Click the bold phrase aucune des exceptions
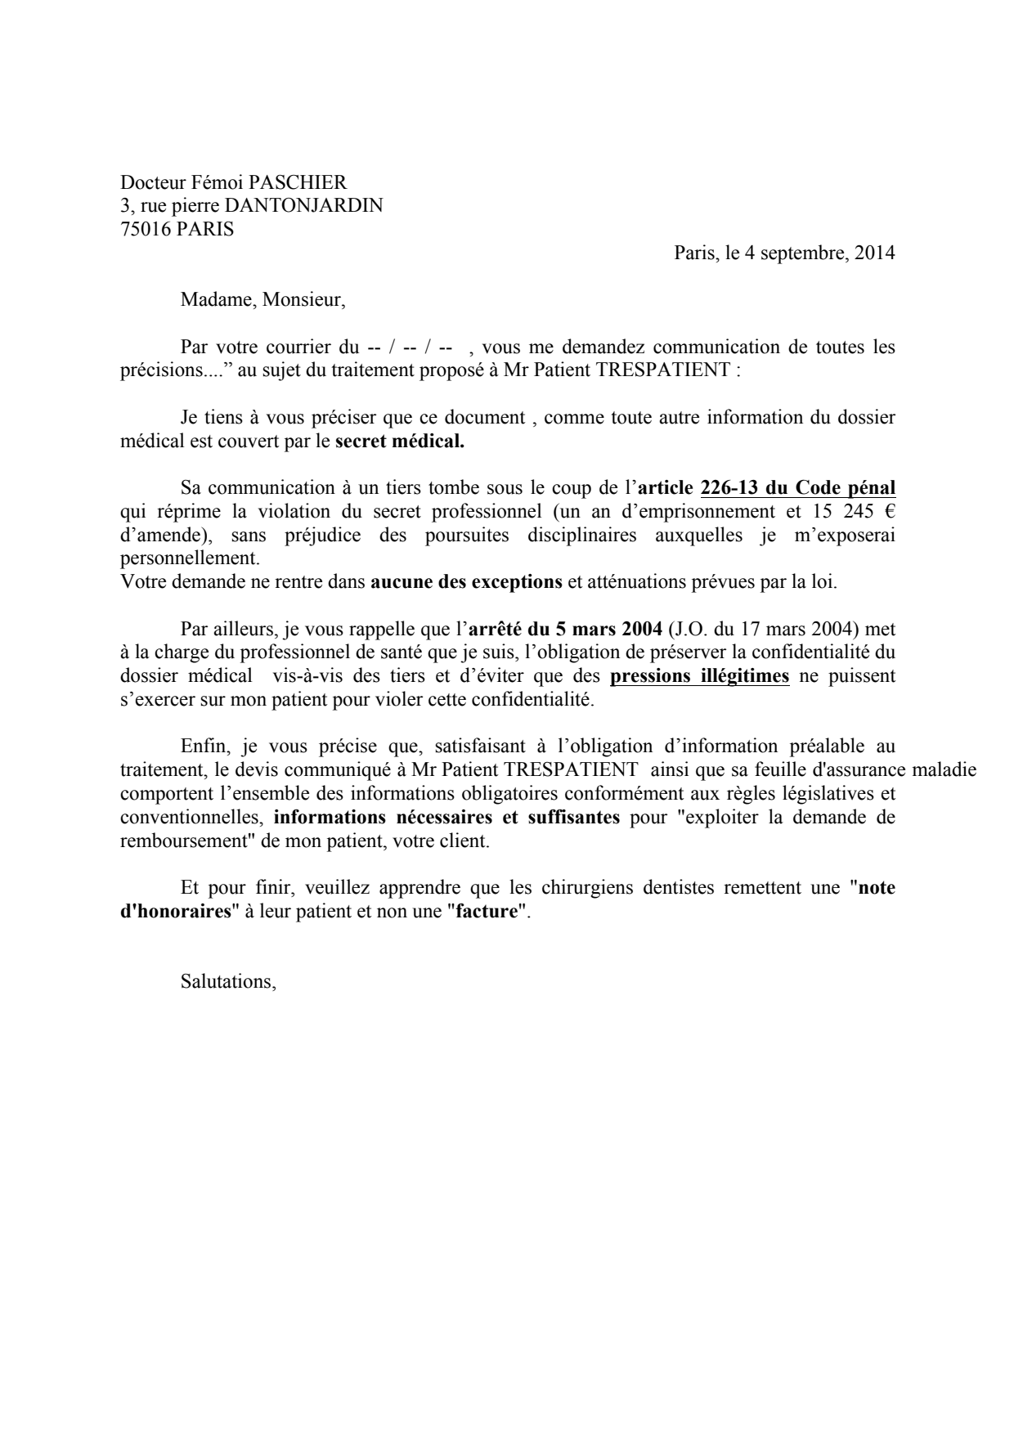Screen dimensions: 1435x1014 click(x=466, y=583)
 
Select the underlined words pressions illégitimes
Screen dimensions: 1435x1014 click(x=700, y=677)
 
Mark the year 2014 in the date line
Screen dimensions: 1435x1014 click(x=874, y=253)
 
